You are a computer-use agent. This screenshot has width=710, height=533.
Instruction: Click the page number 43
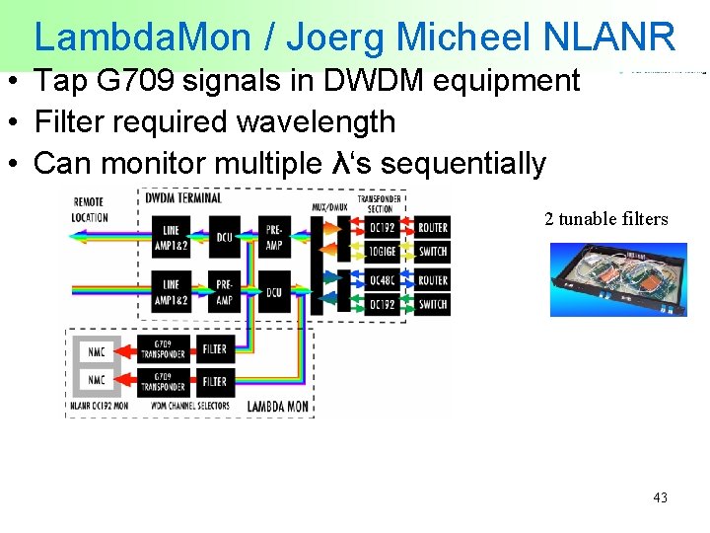(660, 497)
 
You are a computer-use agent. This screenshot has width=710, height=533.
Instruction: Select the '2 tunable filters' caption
(605, 219)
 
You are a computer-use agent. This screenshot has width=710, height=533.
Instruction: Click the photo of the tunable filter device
(617, 279)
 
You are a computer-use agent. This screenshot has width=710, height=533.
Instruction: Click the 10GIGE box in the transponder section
(380, 252)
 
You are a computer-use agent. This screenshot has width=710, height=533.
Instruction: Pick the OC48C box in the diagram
(380, 280)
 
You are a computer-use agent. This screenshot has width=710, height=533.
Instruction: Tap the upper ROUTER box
(432, 227)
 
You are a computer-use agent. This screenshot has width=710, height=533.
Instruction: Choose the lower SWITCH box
(432, 305)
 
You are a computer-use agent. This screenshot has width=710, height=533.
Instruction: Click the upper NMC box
(97, 350)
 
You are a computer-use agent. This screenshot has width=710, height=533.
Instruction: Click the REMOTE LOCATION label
(90, 209)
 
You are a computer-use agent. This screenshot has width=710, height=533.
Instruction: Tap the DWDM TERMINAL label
(184, 197)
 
